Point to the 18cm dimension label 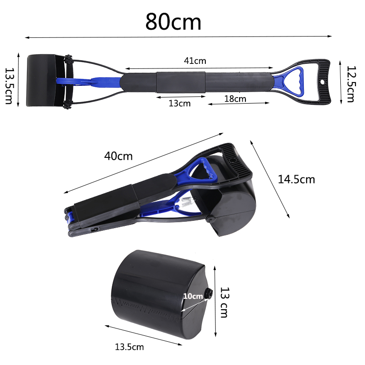click(x=235, y=98)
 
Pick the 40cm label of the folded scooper click(x=118, y=156)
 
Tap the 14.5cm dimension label click(x=297, y=179)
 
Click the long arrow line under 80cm click(x=178, y=37)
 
